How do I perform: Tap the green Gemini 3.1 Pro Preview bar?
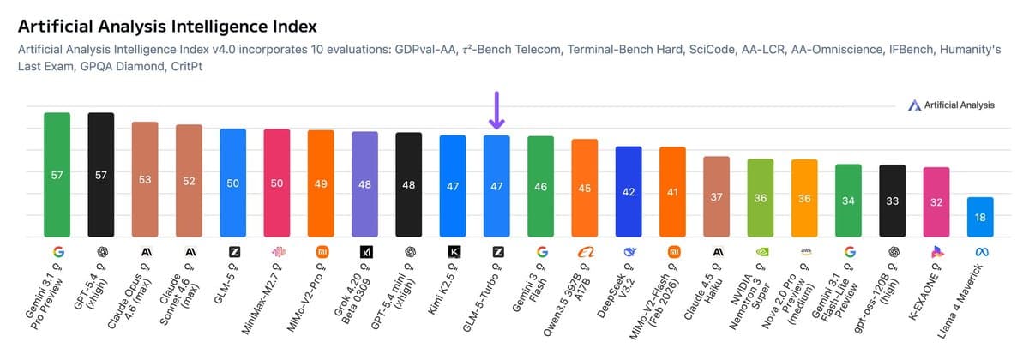[x=57, y=175]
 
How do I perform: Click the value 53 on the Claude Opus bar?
[x=145, y=180]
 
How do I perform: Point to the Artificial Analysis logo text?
[x=958, y=105]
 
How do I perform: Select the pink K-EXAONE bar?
[x=936, y=202]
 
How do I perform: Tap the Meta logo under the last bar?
[x=980, y=252]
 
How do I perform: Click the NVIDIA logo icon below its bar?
[x=761, y=252]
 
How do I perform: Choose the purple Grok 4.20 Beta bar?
[x=364, y=184]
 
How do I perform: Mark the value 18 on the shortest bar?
[x=980, y=219]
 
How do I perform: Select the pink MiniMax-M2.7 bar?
[x=276, y=183]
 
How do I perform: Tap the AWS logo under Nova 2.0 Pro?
[x=804, y=251]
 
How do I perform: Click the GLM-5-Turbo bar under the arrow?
[x=496, y=186]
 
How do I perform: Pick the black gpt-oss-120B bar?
[x=893, y=201]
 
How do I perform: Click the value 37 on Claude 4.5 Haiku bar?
[x=716, y=197]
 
